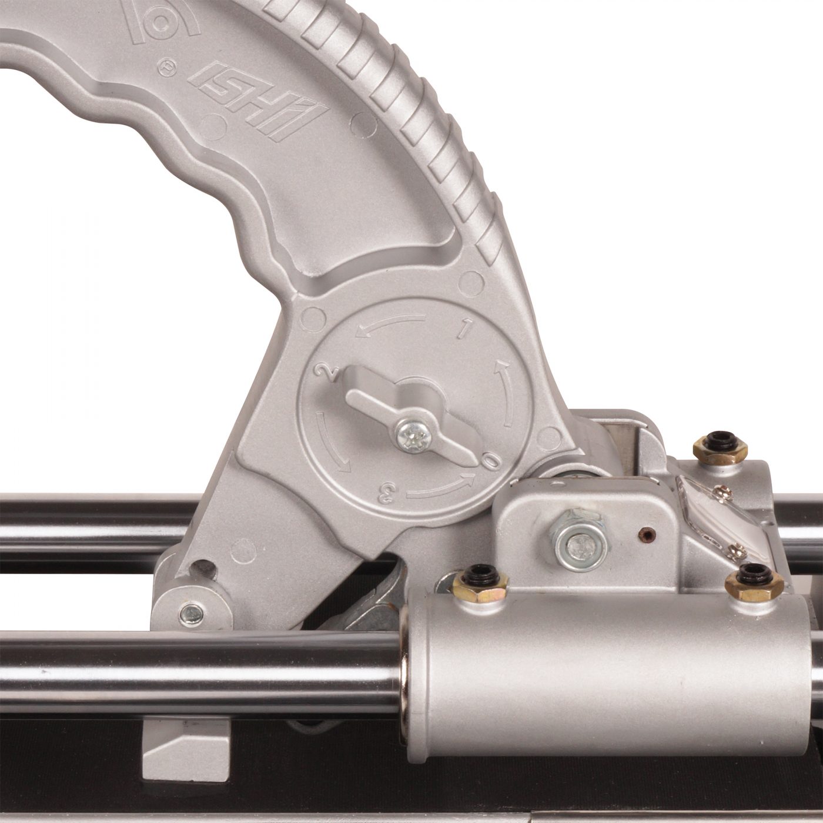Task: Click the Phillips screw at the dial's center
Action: [x=412, y=436]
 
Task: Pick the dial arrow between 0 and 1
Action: [x=504, y=393]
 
